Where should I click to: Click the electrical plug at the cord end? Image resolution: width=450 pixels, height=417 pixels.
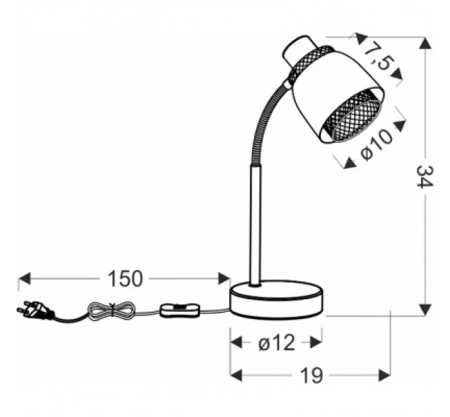(32, 309)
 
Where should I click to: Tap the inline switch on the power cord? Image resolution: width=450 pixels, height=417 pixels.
(179, 309)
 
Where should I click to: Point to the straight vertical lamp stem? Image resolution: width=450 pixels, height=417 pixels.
(255, 225)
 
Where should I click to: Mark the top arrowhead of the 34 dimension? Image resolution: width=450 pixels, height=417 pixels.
(424, 42)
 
